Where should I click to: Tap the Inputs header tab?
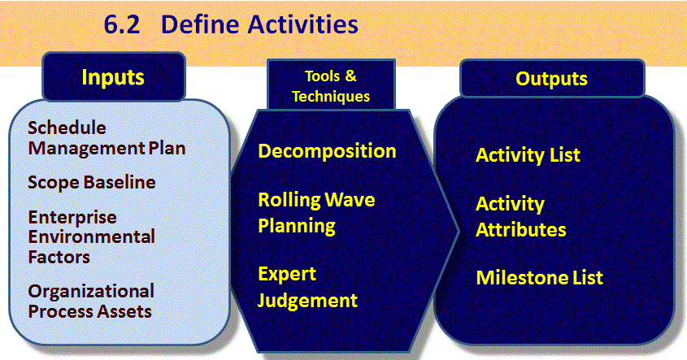pos(113,78)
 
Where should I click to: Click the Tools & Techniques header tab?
pos(330,86)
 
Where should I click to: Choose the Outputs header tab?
pos(551,79)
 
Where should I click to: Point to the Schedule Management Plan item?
pos(107,138)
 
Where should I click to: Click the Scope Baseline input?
pos(91,182)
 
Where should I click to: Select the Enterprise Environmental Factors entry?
pos(91,236)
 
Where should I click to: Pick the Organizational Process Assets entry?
pos(90,301)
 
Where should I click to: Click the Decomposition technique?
pos(327,151)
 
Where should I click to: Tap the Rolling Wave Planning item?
pos(315,211)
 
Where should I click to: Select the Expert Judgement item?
pos(307,287)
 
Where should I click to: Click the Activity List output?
pos(528,155)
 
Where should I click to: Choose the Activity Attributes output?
pos(520,216)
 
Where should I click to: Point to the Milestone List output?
pos(539,278)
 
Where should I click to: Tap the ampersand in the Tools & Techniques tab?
pos(351,77)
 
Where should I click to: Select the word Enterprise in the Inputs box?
pos(72,219)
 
